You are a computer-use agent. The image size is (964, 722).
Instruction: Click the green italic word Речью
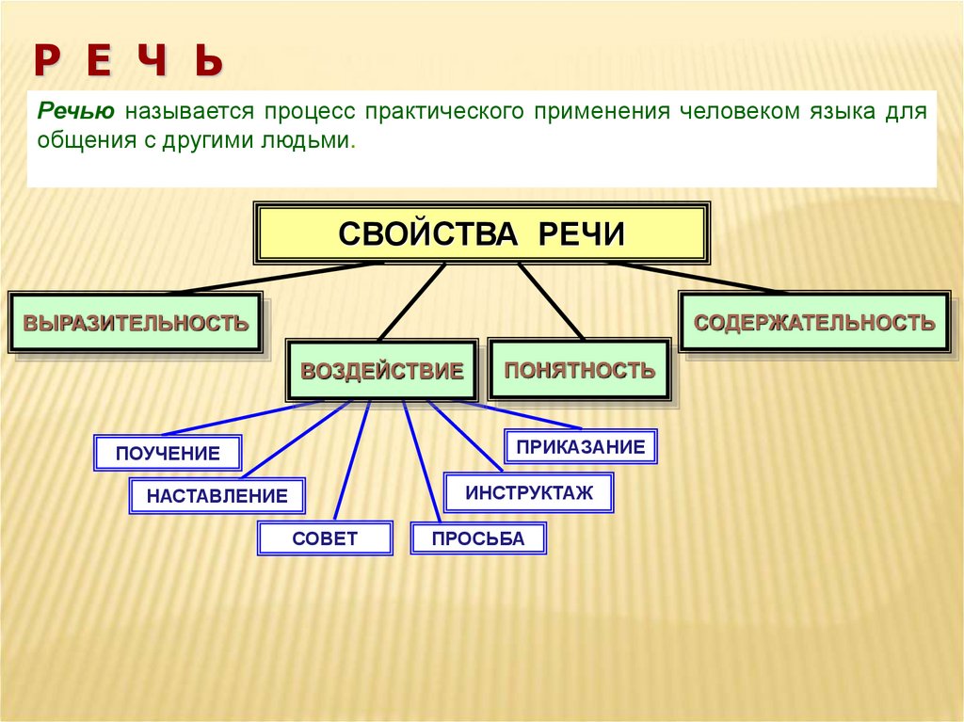(76, 111)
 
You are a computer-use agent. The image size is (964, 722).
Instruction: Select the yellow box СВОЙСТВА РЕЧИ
(481, 233)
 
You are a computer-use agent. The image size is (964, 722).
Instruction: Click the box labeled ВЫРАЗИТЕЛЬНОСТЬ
(136, 323)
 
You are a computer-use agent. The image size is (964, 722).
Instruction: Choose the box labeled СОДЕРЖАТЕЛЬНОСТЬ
(814, 323)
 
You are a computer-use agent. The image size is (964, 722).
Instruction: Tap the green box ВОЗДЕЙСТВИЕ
(382, 371)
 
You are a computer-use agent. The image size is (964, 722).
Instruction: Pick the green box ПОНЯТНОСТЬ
(579, 370)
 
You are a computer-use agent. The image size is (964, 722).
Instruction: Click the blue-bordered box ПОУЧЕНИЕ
(168, 453)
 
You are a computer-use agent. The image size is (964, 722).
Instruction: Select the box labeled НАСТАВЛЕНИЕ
(217, 496)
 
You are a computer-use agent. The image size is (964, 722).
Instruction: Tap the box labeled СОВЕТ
(325, 538)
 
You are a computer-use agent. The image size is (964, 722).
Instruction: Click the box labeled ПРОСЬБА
(477, 538)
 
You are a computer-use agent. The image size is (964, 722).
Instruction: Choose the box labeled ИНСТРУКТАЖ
(529, 492)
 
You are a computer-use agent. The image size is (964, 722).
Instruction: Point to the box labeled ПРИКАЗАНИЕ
(581, 446)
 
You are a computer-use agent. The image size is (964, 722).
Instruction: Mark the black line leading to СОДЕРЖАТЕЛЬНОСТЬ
(697, 278)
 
